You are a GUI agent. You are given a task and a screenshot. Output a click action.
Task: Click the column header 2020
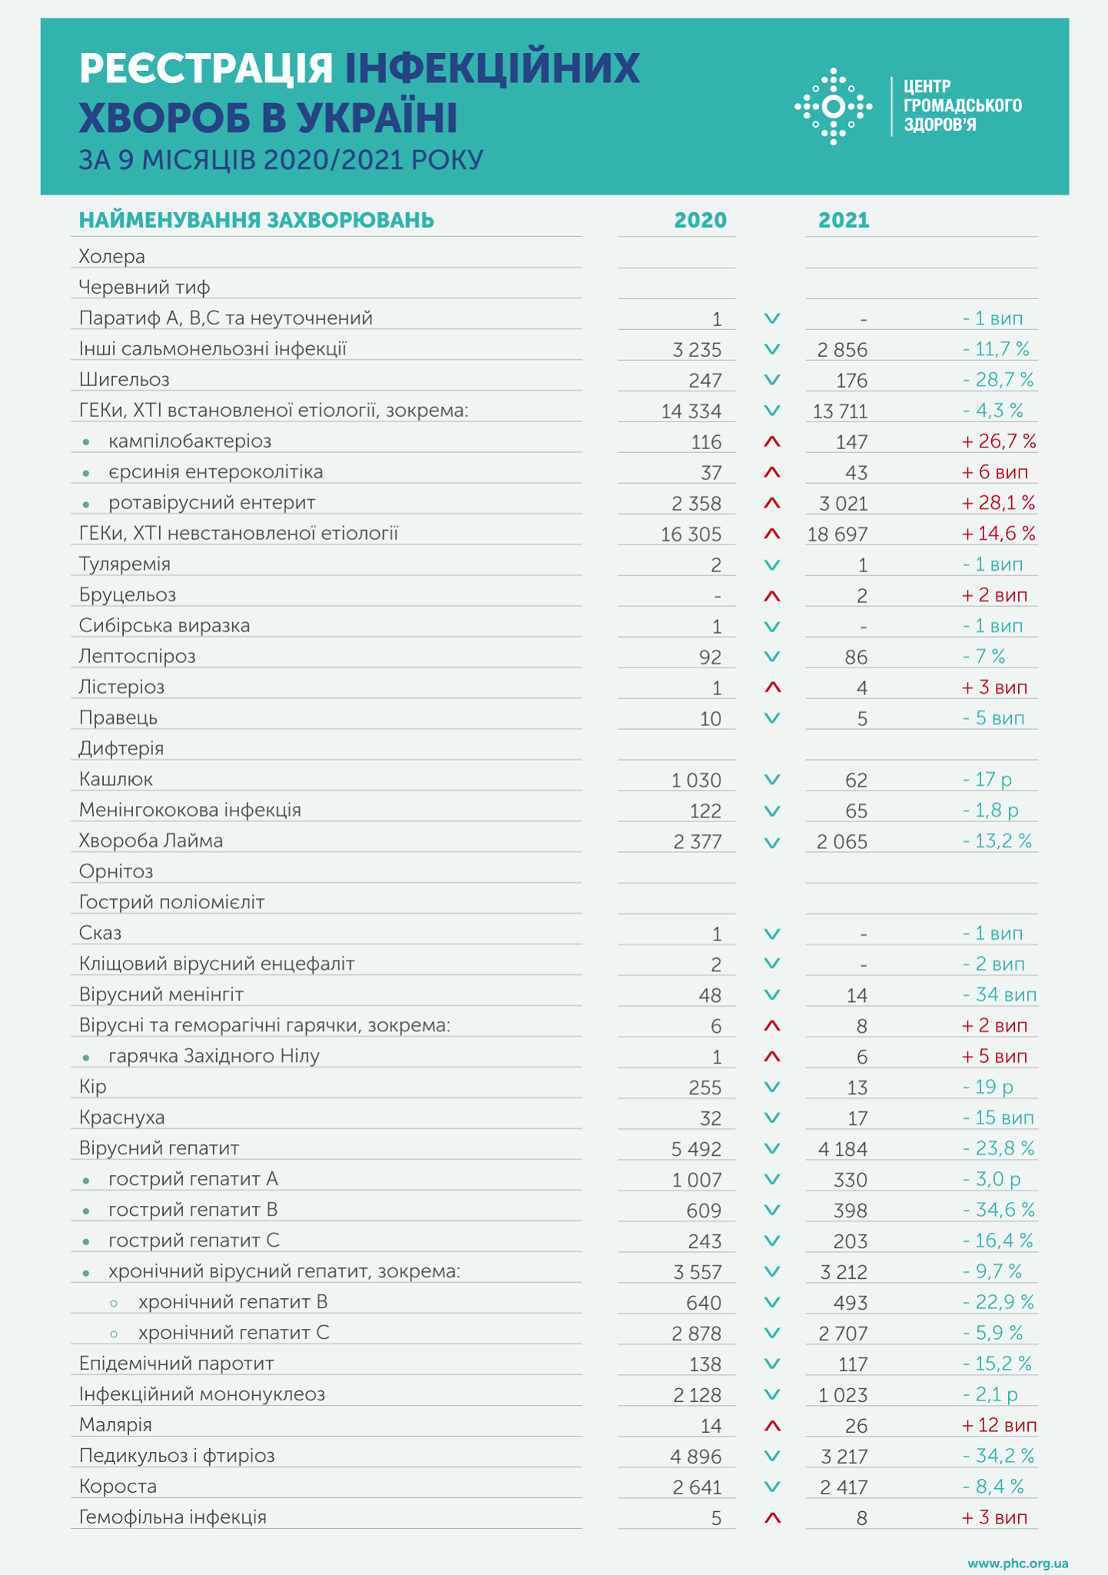[700, 221]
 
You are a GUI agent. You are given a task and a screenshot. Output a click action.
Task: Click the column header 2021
[843, 221]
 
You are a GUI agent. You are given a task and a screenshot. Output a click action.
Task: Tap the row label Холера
[112, 256]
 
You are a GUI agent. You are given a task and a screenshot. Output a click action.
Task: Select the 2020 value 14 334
[691, 411]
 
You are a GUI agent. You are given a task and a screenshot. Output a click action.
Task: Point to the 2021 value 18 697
[837, 534]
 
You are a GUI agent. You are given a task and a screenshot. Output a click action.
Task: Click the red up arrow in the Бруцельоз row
[772, 596]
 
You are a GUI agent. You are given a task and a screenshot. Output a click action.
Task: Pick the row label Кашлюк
[116, 780]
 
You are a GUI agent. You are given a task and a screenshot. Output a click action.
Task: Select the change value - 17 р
[987, 780]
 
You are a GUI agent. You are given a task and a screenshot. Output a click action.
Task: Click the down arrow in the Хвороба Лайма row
[772, 842]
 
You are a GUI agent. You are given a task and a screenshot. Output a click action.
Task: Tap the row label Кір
[93, 1087]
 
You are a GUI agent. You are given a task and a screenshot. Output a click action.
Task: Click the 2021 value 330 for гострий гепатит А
[850, 1180]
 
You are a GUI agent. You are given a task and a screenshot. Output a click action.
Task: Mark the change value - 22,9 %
[998, 1302]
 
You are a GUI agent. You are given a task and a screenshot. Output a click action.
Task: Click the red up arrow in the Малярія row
[772, 1426]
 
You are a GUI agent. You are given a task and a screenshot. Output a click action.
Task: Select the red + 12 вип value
[999, 1425]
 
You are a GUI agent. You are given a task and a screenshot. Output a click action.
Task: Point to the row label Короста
[118, 1487]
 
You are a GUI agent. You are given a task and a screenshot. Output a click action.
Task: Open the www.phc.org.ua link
[1017, 1563]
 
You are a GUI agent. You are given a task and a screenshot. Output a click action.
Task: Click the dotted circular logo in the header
[833, 106]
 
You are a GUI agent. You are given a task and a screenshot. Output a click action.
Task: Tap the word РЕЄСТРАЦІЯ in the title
[206, 68]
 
